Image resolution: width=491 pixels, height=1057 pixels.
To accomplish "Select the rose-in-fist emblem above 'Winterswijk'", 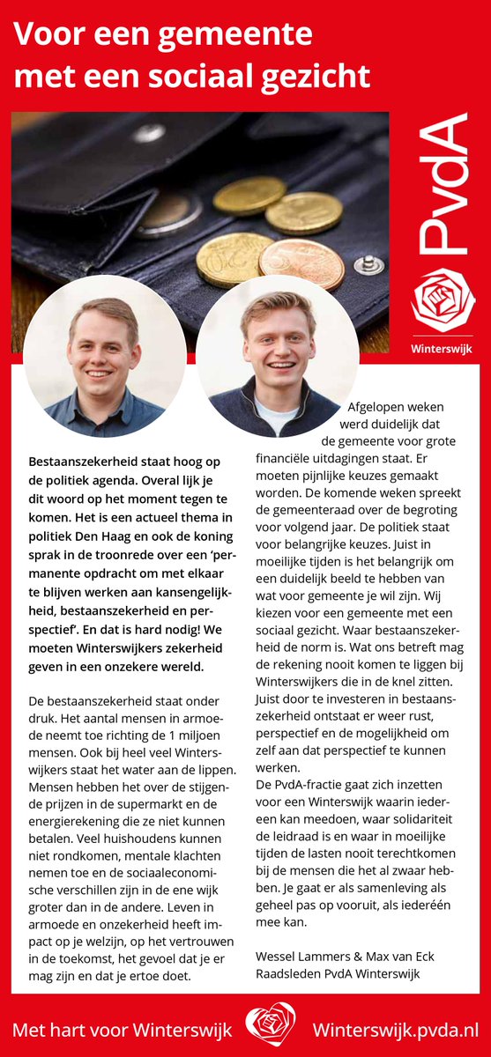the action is [443, 300].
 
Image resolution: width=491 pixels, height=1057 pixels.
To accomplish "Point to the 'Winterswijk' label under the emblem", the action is [443, 348].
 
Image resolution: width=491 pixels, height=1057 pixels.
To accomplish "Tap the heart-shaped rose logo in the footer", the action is [270, 1028].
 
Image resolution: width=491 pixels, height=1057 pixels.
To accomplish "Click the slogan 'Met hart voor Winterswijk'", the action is [123, 1029].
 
